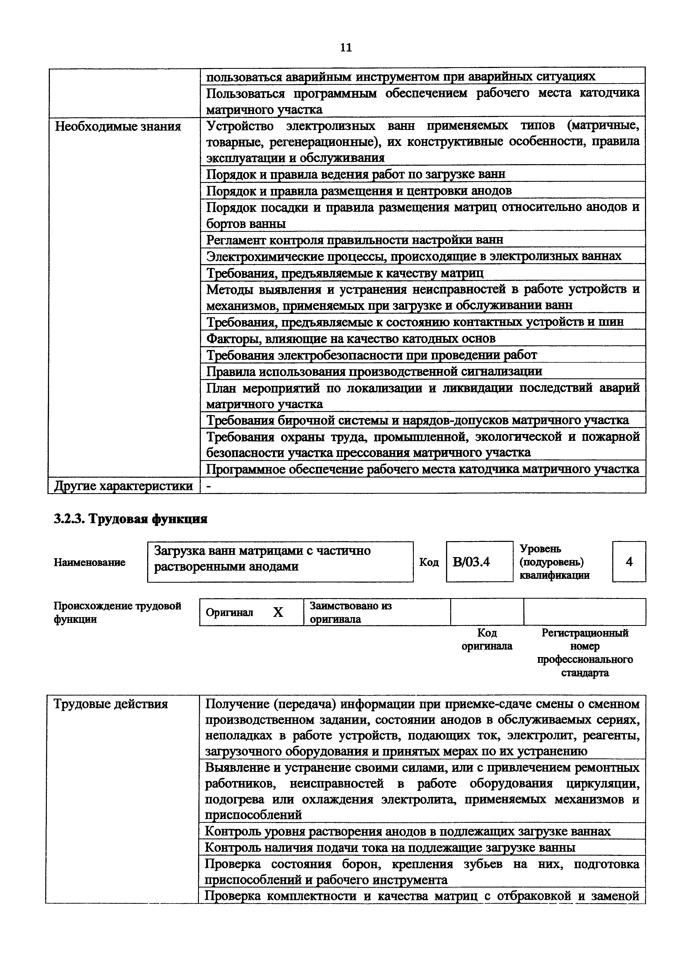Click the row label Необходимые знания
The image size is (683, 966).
coord(118,126)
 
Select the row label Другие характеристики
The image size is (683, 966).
coord(124,486)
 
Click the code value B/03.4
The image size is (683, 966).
coord(471,562)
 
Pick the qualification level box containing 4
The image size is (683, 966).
coord(629,562)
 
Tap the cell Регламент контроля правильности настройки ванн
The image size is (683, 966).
coord(354,240)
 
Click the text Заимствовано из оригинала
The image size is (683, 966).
coord(350,612)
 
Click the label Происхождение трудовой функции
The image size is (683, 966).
coord(117,612)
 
